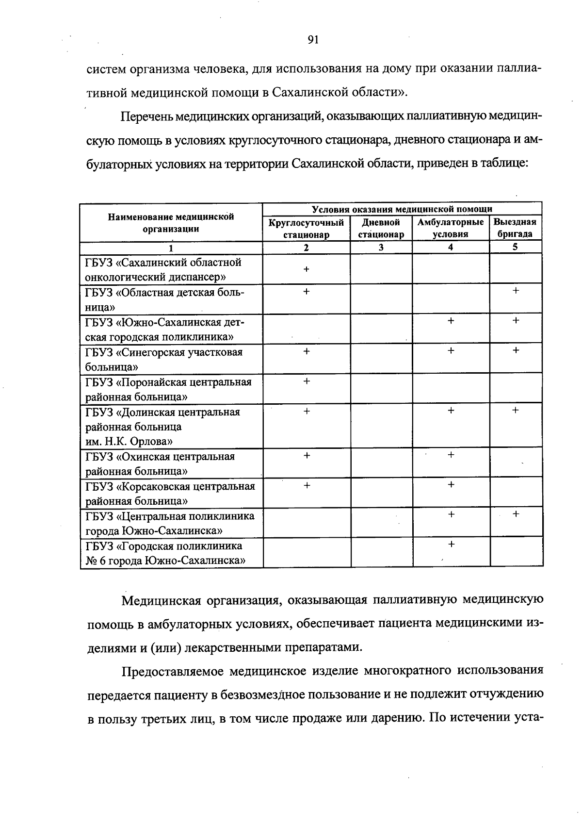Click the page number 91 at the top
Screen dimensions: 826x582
[313, 40]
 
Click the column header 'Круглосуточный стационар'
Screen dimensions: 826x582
[306, 229]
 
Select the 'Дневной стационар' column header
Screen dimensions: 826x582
[381, 229]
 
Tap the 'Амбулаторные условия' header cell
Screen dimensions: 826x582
[451, 229]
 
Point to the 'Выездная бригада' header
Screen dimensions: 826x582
[515, 229]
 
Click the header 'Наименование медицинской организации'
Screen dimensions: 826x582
[171, 223]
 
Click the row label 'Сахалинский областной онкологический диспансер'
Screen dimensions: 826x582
[163, 270]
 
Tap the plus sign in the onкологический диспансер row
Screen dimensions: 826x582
[306, 269]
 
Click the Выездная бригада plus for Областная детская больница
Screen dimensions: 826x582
[516, 291]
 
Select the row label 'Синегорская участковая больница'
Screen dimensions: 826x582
[163, 359]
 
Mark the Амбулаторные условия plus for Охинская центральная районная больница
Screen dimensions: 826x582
[451, 455]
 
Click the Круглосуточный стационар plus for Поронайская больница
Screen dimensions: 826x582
[306, 381]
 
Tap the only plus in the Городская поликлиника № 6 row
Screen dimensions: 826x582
[451, 545]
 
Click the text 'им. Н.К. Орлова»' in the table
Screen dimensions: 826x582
[129, 442]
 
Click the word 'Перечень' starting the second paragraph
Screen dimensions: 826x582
[146, 117]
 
